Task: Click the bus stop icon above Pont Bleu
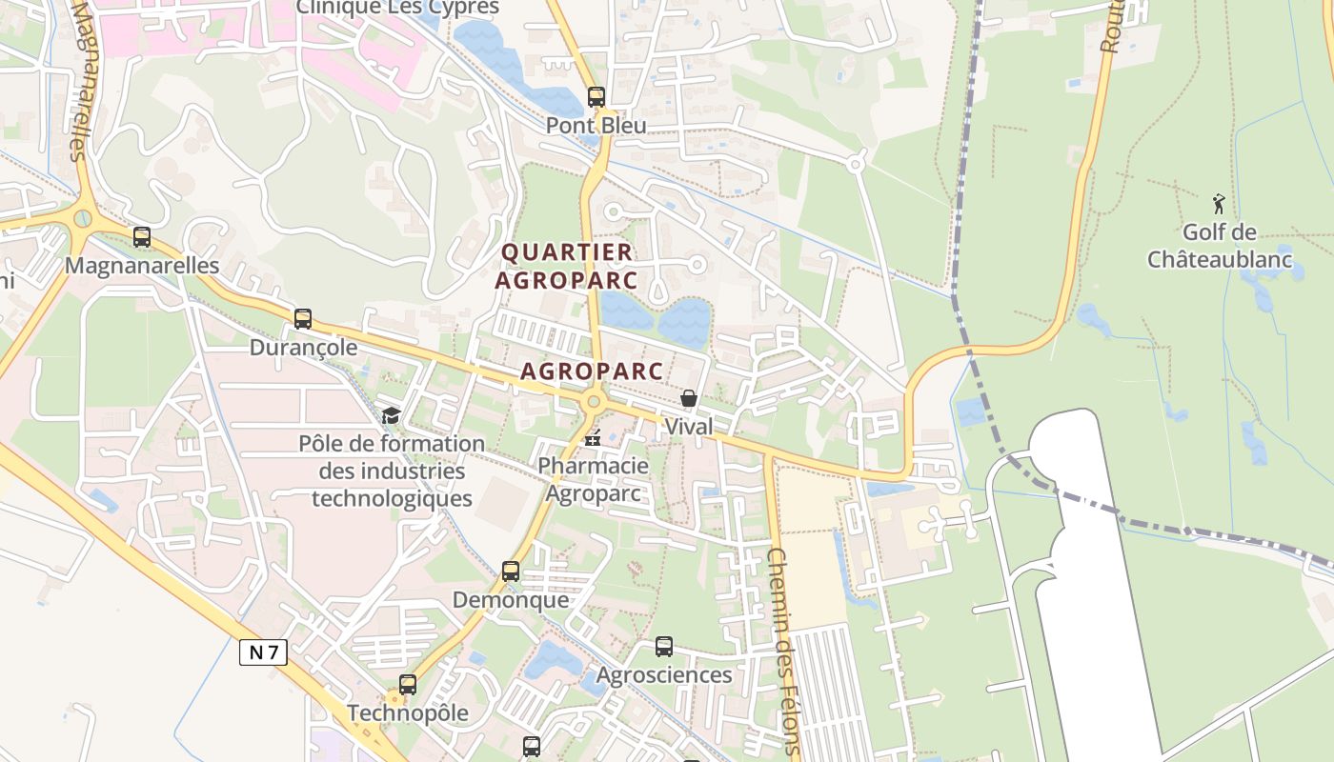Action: pyautogui.click(x=596, y=96)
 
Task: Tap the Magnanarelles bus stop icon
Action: pyautogui.click(x=142, y=237)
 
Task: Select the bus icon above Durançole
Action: pyautogui.click(x=303, y=319)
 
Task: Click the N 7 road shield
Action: pyautogui.click(x=263, y=652)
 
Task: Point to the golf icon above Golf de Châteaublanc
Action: pyautogui.click(x=1219, y=203)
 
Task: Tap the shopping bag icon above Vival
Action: pyautogui.click(x=689, y=398)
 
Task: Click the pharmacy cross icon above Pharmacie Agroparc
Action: pyautogui.click(x=593, y=438)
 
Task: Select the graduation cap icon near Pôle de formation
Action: pyautogui.click(x=391, y=415)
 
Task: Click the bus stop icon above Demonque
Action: pyautogui.click(x=511, y=571)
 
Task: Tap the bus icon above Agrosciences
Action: pyautogui.click(x=664, y=647)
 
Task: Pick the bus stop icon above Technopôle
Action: pyautogui.click(x=408, y=684)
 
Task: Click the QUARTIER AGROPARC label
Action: pyautogui.click(x=566, y=266)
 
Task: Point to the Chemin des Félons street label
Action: pyautogui.click(x=783, y=652)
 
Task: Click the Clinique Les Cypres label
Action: pyautogui.click(x=397, y=8)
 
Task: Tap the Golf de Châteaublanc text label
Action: pyautogui.click(x=1220, y=246)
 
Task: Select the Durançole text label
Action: pyautogui.click(x=303, y=348)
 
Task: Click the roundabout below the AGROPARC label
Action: pyautogui.click(x=594, y=402)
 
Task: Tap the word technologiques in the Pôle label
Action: pyautogui.click(x=392, y=498)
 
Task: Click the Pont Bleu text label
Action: pyautogui.click(x=596, y=126)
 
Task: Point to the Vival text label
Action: pyautogui.click(x=688, y=427)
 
